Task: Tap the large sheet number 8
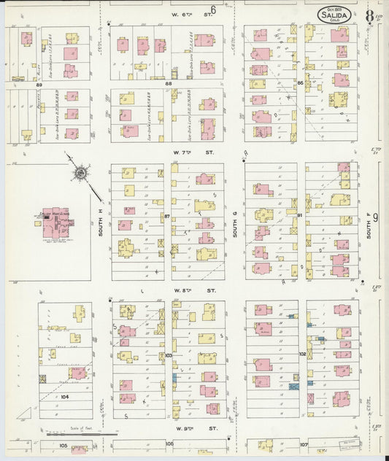(370, 15)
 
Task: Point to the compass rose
(80, 174)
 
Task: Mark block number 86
(300, 85)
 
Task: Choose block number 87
(167, 217)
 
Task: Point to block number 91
(300, 216)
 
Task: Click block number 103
(168, 355)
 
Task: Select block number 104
(64, 396)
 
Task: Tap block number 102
(301, 354)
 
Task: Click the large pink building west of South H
(55, 221)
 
